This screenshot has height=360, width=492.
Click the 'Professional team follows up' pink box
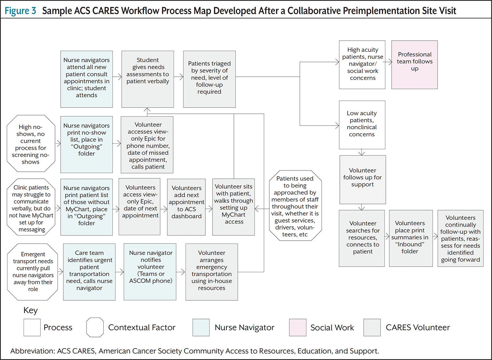tap(415, 65)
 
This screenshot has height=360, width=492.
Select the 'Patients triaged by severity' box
tap(210, 79)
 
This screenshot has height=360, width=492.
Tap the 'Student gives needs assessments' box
tap(148, 79)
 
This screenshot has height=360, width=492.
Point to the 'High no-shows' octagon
tap(31, 143)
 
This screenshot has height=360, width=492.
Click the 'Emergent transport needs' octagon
tap(32, 272)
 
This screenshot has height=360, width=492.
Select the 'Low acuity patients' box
tap(362, 125)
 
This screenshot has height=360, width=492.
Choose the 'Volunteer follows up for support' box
tap(363, 180)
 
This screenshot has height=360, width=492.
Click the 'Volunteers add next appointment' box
tap(186, 207)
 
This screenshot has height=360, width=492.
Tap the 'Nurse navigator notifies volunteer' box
tap(150, 272)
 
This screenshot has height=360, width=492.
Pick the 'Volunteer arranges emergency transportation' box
tap(212, 272)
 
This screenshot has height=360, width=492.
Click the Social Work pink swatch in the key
tap(297, 328)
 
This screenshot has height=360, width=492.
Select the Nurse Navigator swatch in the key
tap(201, 328)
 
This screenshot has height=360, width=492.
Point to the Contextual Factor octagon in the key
tap(95, 327)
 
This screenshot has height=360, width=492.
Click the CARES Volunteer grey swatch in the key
tap(372, 328)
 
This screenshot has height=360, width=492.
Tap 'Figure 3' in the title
tap(20, 10)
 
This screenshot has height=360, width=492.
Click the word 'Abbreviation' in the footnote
tap(32, 351)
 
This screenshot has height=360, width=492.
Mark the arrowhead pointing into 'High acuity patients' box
tap(338, 62)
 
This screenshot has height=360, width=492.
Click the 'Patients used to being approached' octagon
tap(296, 206)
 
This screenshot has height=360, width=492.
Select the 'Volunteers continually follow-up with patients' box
tap(461, 238)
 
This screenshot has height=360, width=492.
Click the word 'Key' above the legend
tap(31, 310)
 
